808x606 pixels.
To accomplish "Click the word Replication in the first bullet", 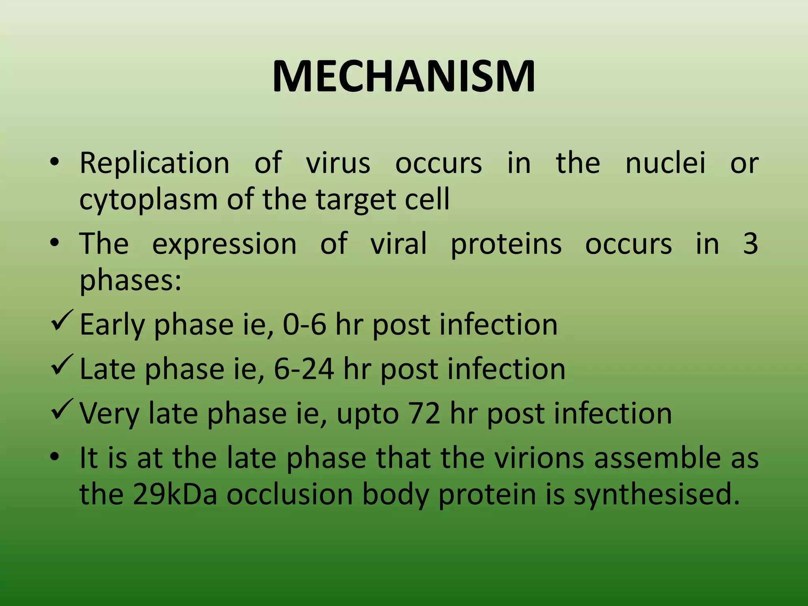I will (x=154, y=163).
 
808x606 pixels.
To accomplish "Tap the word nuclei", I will (x=665, y=163).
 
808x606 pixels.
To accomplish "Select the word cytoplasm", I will (x=148, y=200).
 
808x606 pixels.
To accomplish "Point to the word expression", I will (x=224, y=243).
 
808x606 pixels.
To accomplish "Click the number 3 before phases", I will (x=750, y=243).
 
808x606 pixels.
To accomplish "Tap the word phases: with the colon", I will (x=131, y=280).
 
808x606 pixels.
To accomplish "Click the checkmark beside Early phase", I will (x=62, y=321).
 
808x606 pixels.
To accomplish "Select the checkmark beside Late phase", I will (x=62, y=365).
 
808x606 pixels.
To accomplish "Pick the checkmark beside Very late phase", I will (x=62, y=410).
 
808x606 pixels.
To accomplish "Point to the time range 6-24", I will (x=304, y=369).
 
